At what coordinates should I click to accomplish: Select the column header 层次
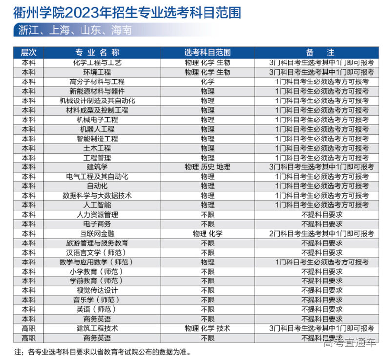pyautogui.click(x=28, y=52)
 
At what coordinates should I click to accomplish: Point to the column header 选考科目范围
pyautogui.click(x=207, y=52)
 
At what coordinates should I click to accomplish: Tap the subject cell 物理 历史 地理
pyautogui.click(x=207, y=167)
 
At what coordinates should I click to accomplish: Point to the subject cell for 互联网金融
pyautogui.click(x=207, y=234)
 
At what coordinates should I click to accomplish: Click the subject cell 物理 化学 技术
pyautogui.click(x=207, y=328)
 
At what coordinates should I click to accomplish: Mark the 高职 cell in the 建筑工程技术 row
pyautogui.click(x=28, y=328)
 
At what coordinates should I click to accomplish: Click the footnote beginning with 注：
pyautogui.click(x=103, y=351)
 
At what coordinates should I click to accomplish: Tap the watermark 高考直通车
pyautogui.click(x=349, y=343)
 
